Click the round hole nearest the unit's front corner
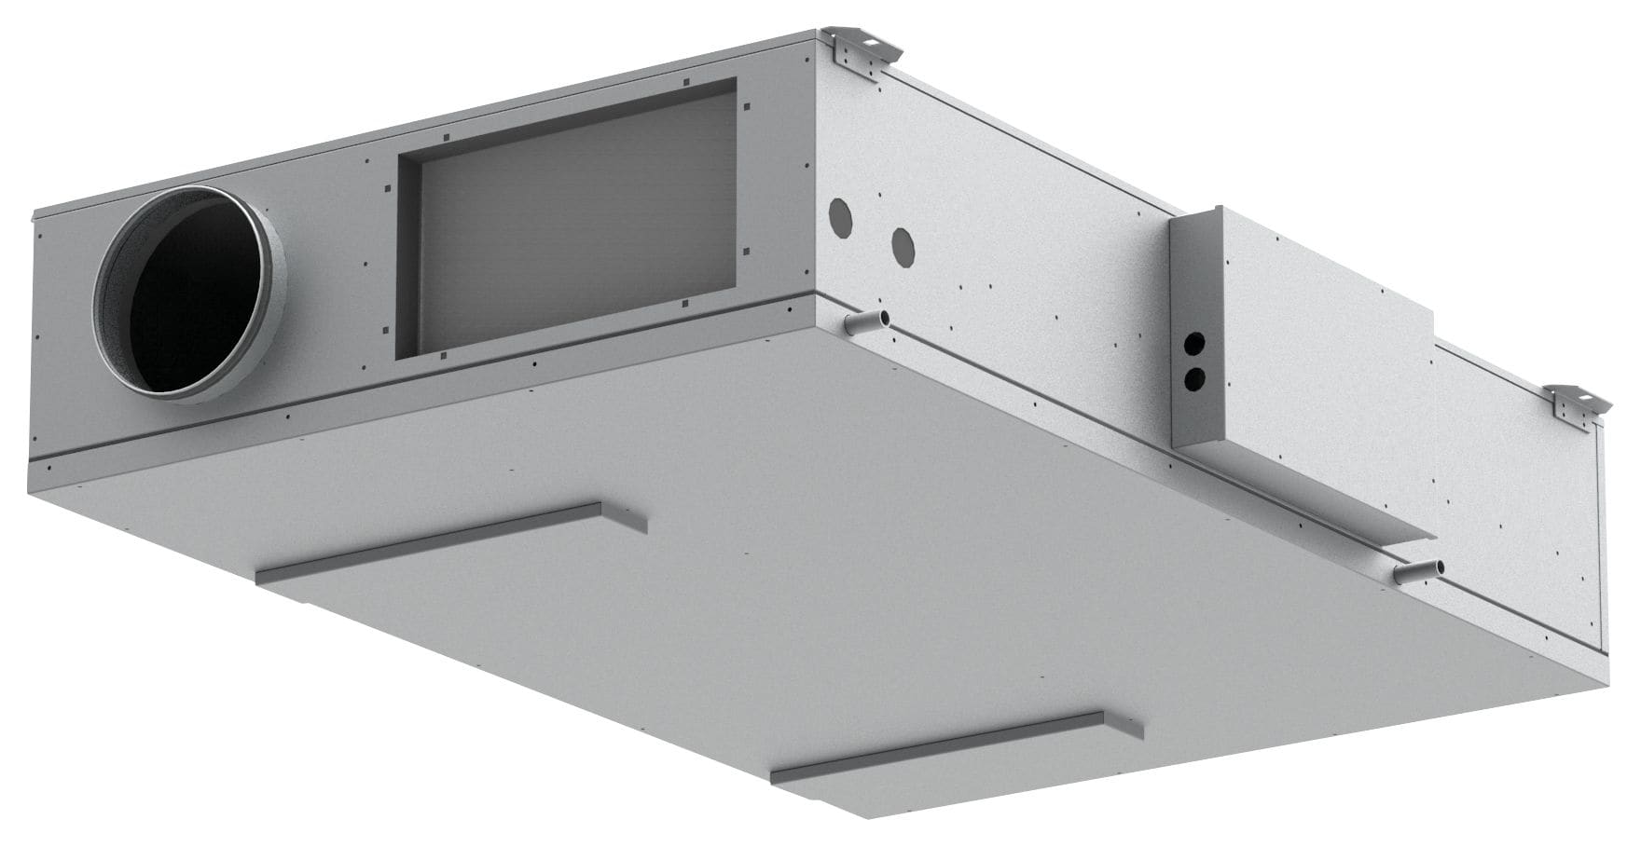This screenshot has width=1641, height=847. [x=841, y=215]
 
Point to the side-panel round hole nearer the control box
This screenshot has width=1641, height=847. [x=903, y=244]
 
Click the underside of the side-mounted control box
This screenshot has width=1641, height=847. [x=1305, y=494]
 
